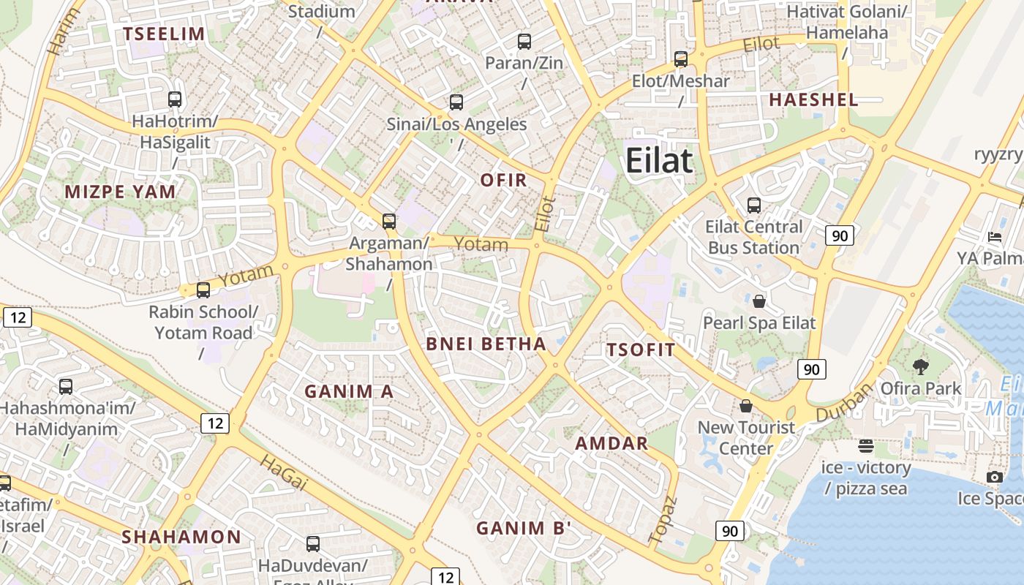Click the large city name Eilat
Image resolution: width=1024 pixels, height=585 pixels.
tap(659, 160)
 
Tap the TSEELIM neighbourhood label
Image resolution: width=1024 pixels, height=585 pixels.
tap(164, 34)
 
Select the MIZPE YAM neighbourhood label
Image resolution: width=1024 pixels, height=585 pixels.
tap(121, 192)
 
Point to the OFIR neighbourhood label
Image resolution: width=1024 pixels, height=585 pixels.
tap(503, 180)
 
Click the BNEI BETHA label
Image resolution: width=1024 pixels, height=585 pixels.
tap(486, 344)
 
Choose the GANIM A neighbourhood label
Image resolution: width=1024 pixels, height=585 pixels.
tap(349, 392)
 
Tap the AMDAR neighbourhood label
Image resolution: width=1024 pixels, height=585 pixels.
tap(611, 443)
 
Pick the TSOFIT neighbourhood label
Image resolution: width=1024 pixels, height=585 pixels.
tap(641, 350)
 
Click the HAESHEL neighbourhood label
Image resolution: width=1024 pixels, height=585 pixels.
tap(813, 100)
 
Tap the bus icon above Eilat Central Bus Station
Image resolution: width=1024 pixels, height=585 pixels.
tap(754, 205)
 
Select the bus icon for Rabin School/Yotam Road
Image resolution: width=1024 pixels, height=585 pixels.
tap(203, 290)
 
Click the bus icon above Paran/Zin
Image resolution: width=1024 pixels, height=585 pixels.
tap(524, 42)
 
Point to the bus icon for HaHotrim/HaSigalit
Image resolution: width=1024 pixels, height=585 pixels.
tap(175, 99)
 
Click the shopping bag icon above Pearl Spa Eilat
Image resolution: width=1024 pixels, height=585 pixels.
tap(759, 301)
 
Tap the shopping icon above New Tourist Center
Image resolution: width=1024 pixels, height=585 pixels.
tap(746, 406)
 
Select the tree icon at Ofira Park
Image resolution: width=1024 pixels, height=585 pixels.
tap(920, 367)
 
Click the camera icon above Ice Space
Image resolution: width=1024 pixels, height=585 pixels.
tap(994, 478)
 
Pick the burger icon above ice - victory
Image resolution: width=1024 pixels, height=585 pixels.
tap(866, 446)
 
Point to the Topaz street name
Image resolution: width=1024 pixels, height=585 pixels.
tap(663, 520)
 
